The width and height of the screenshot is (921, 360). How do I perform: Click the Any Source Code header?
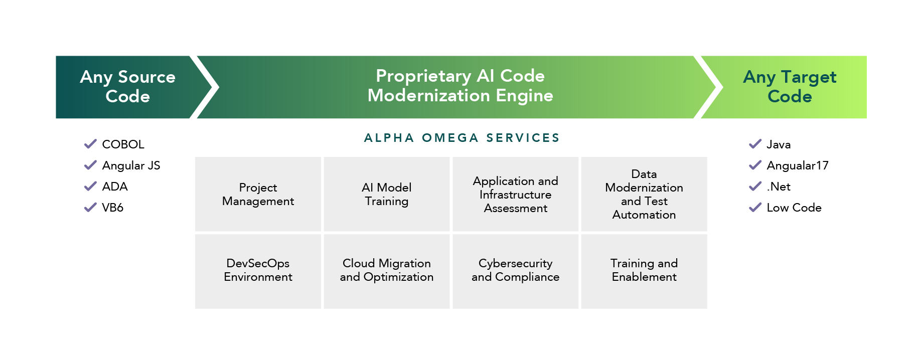pos(127,87)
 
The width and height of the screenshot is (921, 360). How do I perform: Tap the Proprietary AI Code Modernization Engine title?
pos(460,86)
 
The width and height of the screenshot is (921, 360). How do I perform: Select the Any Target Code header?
pos(790,87)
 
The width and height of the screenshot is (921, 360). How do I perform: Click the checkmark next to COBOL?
pos(90,144)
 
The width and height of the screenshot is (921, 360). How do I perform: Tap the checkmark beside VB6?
pos(90,208)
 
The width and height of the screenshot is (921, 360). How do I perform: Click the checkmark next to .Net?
pos(755,187)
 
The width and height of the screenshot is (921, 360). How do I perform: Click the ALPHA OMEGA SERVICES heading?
pos(462,138)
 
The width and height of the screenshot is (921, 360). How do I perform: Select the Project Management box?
pos(258,194)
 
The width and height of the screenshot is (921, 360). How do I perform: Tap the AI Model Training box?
pos(387,194)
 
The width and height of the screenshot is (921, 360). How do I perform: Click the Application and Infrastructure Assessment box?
pos(516,194)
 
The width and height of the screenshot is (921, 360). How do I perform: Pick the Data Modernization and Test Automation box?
pos(644,194)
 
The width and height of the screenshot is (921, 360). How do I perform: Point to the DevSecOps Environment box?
pos(258,271)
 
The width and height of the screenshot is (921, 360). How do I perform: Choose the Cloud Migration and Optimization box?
pos(387,271)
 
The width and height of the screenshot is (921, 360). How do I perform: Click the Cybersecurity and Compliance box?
pos(516,271)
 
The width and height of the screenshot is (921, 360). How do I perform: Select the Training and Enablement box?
pos(644,271)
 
